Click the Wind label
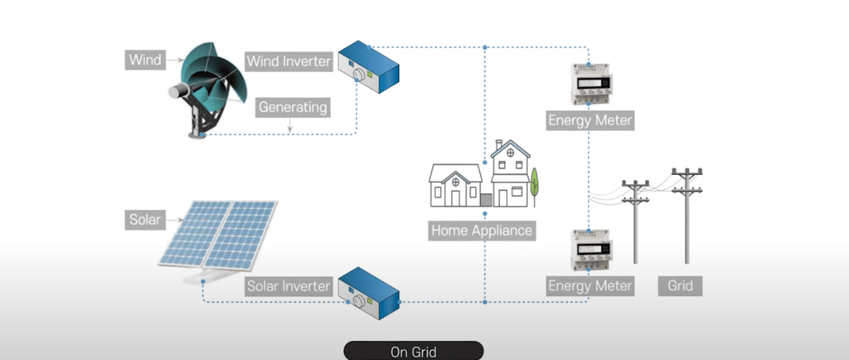145,60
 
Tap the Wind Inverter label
288,61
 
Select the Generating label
293,107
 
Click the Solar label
145,220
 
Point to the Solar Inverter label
288,286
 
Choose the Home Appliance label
482,231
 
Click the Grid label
680,285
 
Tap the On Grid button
414,352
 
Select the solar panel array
218,238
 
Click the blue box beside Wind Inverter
368,66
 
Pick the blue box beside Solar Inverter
368,292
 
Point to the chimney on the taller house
498,145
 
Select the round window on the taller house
510,153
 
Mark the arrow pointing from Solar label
174,220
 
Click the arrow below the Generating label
289,125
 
